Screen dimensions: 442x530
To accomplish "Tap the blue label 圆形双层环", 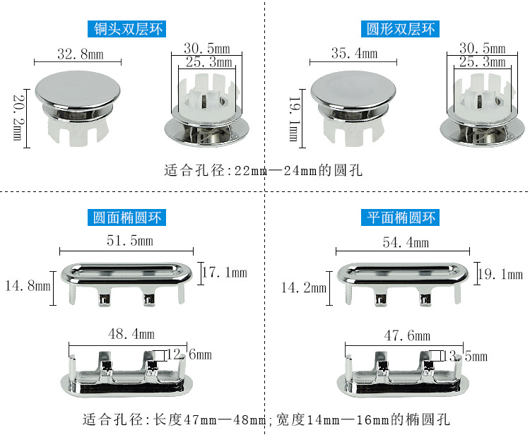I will point(399,29).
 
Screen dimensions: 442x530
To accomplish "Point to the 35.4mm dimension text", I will point(353,53).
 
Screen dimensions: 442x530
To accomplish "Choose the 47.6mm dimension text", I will point(404,335).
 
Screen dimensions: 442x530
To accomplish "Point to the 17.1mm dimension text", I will point(225,273).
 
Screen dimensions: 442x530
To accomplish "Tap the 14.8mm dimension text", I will point(28,286).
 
